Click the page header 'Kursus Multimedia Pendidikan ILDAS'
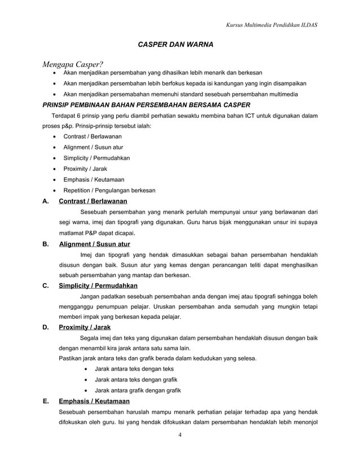click(271, 25)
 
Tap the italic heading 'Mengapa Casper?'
click(71, 64)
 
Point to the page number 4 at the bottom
click(179, 434)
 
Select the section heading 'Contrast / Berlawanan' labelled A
click(93, 201)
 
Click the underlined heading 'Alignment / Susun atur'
click(94, 244)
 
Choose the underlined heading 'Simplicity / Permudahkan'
click(98, 285)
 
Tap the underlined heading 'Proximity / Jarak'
click(85, 327)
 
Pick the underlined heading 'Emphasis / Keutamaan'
click(94, 401)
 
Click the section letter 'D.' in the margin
click(45, 327)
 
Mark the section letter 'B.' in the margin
click(45, 244)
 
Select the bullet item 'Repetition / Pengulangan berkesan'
click(109, 190)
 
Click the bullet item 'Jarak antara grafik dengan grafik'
click(138, 390)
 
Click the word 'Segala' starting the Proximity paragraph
click(90, 338)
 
